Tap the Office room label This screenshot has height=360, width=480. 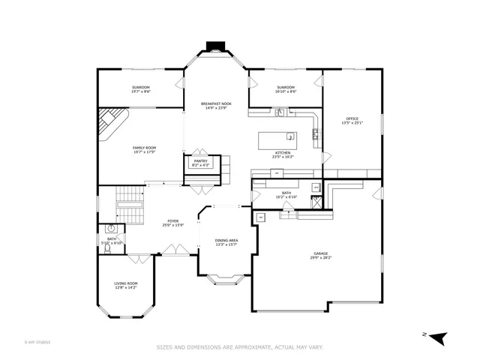coord(352,118)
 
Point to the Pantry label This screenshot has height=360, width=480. coord(200,160)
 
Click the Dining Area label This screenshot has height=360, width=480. coord(226,239)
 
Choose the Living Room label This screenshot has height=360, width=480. coord(126,283)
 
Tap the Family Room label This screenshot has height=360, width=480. coord(144,148)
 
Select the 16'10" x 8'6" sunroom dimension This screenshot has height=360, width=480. coord(286,91)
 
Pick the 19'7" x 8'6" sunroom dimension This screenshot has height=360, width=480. coord(142,91)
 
